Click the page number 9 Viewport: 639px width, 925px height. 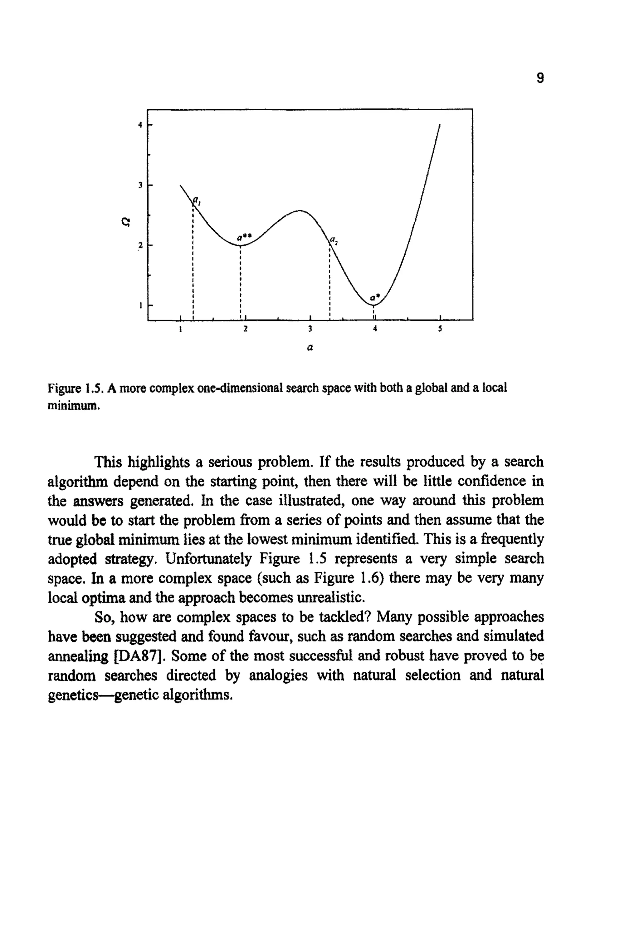click(x=540, y=78)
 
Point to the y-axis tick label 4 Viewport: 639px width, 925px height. click(x=140, y=125)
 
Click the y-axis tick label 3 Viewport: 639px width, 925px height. click(x=140, y=185)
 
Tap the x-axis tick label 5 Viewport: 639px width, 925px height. click(x=440, y=329)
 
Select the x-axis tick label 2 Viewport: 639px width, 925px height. click(x=246, y=329)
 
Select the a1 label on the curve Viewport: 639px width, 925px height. click(x=197, y=200)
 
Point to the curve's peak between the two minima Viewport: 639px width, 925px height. click(x=300, y=211)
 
